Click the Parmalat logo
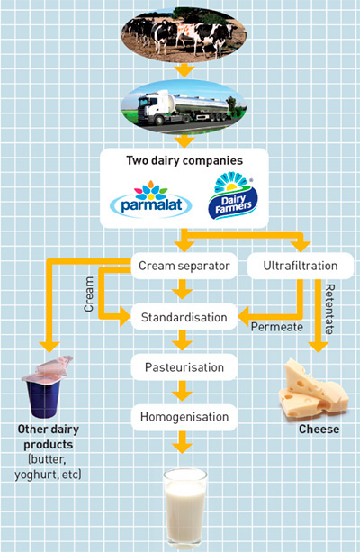[151, 199]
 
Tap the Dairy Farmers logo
[233, 195]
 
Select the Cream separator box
[184, 266]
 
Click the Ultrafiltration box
[301, 266]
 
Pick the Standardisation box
[184, 317]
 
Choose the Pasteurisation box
[184, 367]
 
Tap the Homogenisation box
[184, 417]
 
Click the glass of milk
[184, 508]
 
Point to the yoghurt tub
[47, 387]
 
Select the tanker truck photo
[184, 107]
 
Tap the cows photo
[184, 34]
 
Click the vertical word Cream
[89, 294]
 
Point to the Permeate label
[277, 327]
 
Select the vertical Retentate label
[329, 309]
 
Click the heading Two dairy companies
[184, 160]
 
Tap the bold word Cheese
[319, 430]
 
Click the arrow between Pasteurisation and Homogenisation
[183, 391]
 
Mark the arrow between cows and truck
[184, 70]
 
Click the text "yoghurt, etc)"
[48, 475]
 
